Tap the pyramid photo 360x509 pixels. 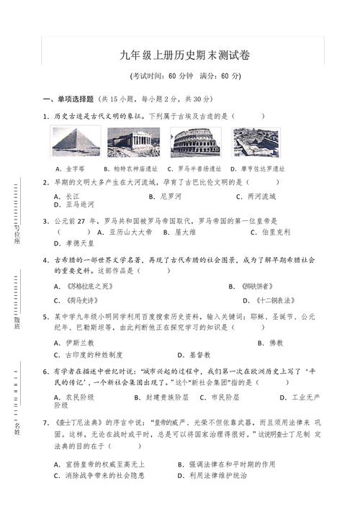(x=76, y=142)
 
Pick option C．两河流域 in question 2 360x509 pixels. (x=256, y=196)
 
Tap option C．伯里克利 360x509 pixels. (x=270, y=233)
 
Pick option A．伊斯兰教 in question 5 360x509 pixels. (x=73, y=343)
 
